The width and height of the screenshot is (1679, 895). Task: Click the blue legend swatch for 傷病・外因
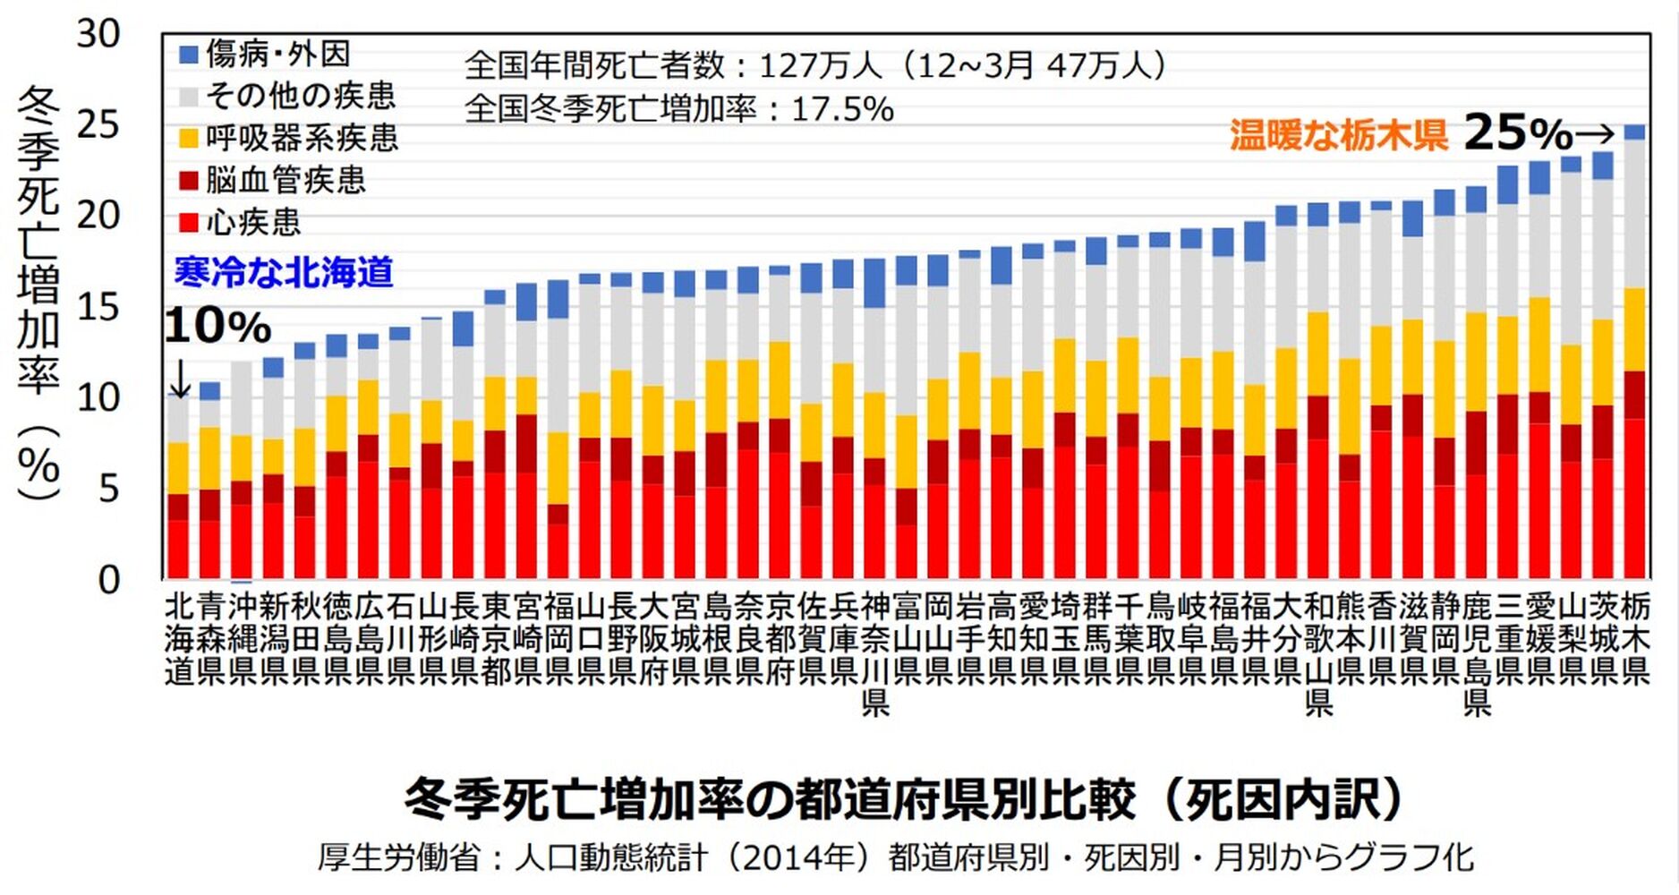pyautogui.click(x=189, y=55)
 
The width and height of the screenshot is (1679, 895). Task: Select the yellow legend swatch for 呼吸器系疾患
pyautogui.click(x=189, y=139)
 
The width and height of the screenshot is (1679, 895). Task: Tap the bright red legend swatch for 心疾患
pyautogui.click(x=189, y=223)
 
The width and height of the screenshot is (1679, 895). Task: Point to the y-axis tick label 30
pyautogui.click(x=98, y=34)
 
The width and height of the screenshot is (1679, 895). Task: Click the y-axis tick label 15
pyautogui.click(x=98, y=307)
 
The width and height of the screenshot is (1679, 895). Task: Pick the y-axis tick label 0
pyautogui.click(x=108, y=580)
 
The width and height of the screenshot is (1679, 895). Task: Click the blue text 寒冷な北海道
pyautogui.click(x=284, y=272)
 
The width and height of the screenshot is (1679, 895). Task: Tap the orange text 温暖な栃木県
pyautogui.click(x=1339, y=135)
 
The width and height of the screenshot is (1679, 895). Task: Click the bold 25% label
pyautogui.click(x=1518, y=133)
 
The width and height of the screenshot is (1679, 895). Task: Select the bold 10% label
pyautogui.click(x=217, y=326)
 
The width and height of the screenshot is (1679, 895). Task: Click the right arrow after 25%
pyautogui.click(x=1594, y=135)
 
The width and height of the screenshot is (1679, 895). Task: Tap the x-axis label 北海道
pyautogui.click(x=179, y=638)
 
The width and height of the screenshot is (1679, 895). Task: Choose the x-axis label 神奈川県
pyautogui.click(x=875, y=654)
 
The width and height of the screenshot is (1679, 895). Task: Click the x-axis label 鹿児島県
pyautogui.click(x=1477, y=654)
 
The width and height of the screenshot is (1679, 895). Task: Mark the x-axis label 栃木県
pyautogui.click(x=1635, y=638)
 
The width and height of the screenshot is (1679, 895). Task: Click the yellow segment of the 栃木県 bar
pyautogui.click(x=1635, y=329)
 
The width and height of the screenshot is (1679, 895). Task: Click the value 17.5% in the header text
pyautogui.click(x=842, y=109)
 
